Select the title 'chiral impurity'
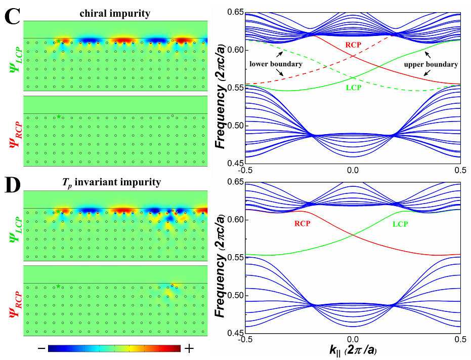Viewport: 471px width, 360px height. [115, 14]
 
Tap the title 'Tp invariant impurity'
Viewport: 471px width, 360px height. [115, 183]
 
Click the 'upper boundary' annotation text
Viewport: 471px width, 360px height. [431, 64]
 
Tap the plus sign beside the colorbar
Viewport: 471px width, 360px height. [189, 349]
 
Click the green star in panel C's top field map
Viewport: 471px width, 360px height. [59, 41]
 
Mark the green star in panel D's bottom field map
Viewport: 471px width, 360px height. [59, 287]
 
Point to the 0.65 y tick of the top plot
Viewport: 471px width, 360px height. [233, 12]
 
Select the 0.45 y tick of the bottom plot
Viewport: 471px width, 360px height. [233, 333]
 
